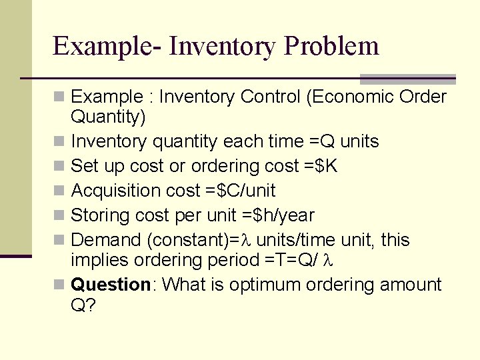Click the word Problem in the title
(x=331, y=47)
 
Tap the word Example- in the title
(x=107, y=47)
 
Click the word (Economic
(x=349, y=97)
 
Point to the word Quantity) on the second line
(x=108, y=117)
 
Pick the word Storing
(x=100, y=215)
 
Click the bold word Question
(x=111, y=285)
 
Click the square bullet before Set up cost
(x=61, y=167)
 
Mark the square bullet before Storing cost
(x=61, y=216)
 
